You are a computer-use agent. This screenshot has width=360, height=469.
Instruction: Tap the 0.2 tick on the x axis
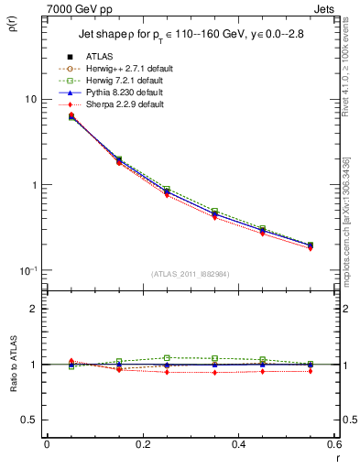click(142, 444)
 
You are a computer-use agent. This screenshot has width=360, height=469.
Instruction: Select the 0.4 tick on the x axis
click(238, 444)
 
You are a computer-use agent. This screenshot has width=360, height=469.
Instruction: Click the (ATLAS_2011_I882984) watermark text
click(190, 274)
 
